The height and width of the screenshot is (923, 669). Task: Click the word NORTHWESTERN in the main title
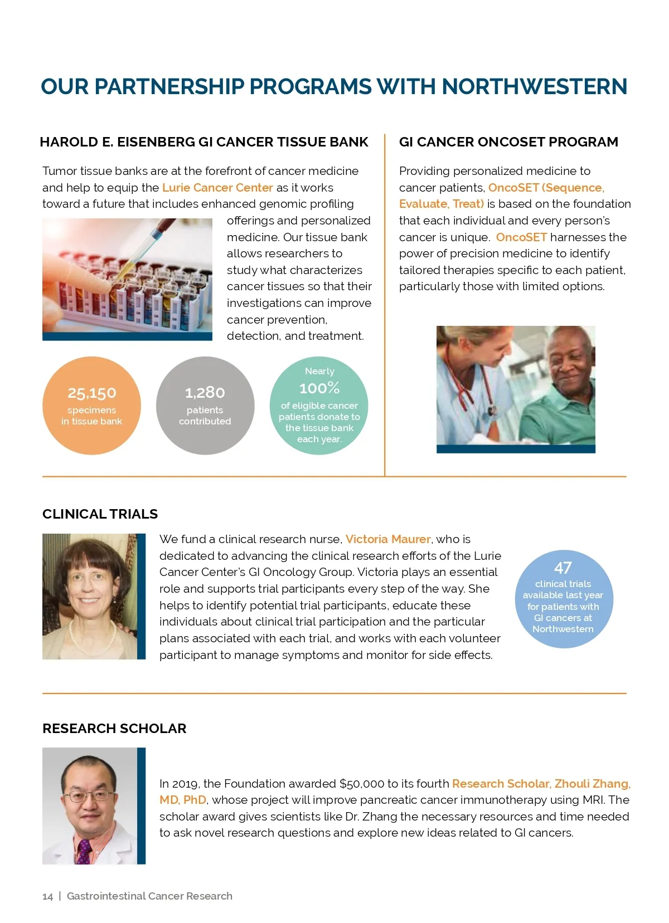[x=534, y=87]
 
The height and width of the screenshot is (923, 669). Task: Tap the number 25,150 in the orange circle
[x=92, y=393]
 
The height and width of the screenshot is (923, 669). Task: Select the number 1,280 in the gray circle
[x=205, y=393]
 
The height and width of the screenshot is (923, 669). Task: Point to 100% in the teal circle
[x=319, y=388]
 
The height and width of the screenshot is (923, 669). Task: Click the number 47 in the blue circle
[x=563, y=568]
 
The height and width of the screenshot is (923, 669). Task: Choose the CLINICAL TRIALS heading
[x=100, y=514]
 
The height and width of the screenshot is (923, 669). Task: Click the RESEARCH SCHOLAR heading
[x=114, y=728]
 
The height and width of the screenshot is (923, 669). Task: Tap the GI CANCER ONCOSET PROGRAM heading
[x=508, y=142]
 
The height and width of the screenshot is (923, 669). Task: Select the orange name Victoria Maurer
[x=388, y=539]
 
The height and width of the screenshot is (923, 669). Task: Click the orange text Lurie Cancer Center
[x=217, y=188]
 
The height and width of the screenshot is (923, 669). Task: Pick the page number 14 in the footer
[x=47, y=896]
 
